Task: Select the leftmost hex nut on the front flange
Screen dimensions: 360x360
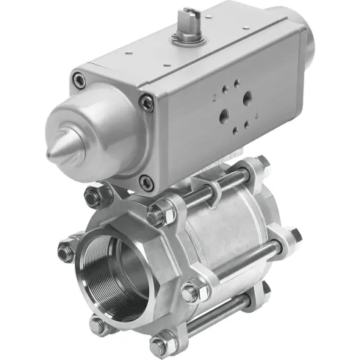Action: click(65, 252)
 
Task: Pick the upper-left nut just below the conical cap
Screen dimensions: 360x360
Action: click(93, 195)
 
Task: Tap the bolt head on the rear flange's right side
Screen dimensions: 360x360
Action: click(295, 236)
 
